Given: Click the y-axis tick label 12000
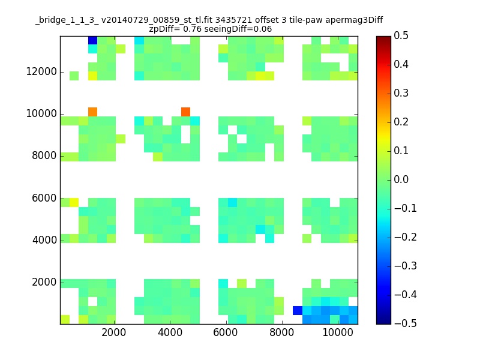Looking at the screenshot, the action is pyautogui.click(x=41, y=71).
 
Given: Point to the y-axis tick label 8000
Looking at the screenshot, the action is pyautogui.click(x=44, y=155).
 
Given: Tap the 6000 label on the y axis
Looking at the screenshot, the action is pyautogui.click(x=44, y=198).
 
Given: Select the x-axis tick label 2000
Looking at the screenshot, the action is pyautogui.click(x=114, y=332).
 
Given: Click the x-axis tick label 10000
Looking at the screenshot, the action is pyautogui.click(x=338, y=332).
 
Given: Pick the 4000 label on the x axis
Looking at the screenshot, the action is pyautogui.click(x=170, y=332).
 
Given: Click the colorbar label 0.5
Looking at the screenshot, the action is pyautogui.click(x=401, y=35).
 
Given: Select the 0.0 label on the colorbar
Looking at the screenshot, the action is pyautogui.click(x=401, y=179).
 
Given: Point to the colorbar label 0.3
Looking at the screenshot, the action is pyautogui.click(x=401, y=93).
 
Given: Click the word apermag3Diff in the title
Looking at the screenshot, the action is pyautogui.click(x=354, y=20).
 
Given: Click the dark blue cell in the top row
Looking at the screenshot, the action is pyautogui.click(x=93, y=40).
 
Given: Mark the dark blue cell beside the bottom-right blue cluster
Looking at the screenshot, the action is pyautogui.click(x=298, y=310).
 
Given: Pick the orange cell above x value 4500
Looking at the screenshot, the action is pyautogui.click(x=186, y=112).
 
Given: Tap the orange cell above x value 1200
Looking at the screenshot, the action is pyautogui.click(x=93, y=112).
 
